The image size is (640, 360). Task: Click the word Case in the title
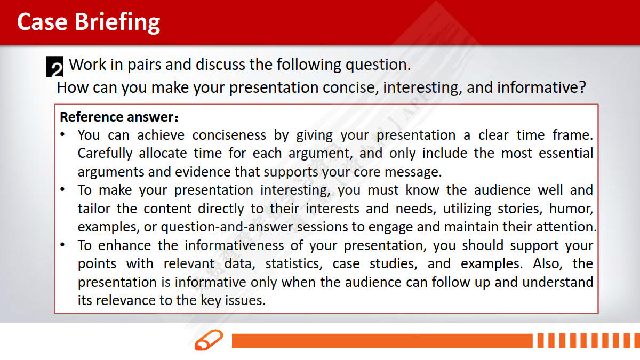[42, 22]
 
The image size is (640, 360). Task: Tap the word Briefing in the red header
[117, 23]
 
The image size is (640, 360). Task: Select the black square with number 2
[54, 67]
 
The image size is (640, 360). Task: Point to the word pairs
[145, 65]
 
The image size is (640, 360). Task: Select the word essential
[566, 153]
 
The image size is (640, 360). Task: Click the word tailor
[94, 209]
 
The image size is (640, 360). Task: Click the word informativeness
[234, 245]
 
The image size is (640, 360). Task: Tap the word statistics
[294, 263]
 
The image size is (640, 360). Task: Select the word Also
[547, 263]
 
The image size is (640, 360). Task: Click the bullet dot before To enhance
[62, 245]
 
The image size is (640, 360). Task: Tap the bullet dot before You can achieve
[62, 134]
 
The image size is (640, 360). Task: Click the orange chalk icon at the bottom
[209, 340]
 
